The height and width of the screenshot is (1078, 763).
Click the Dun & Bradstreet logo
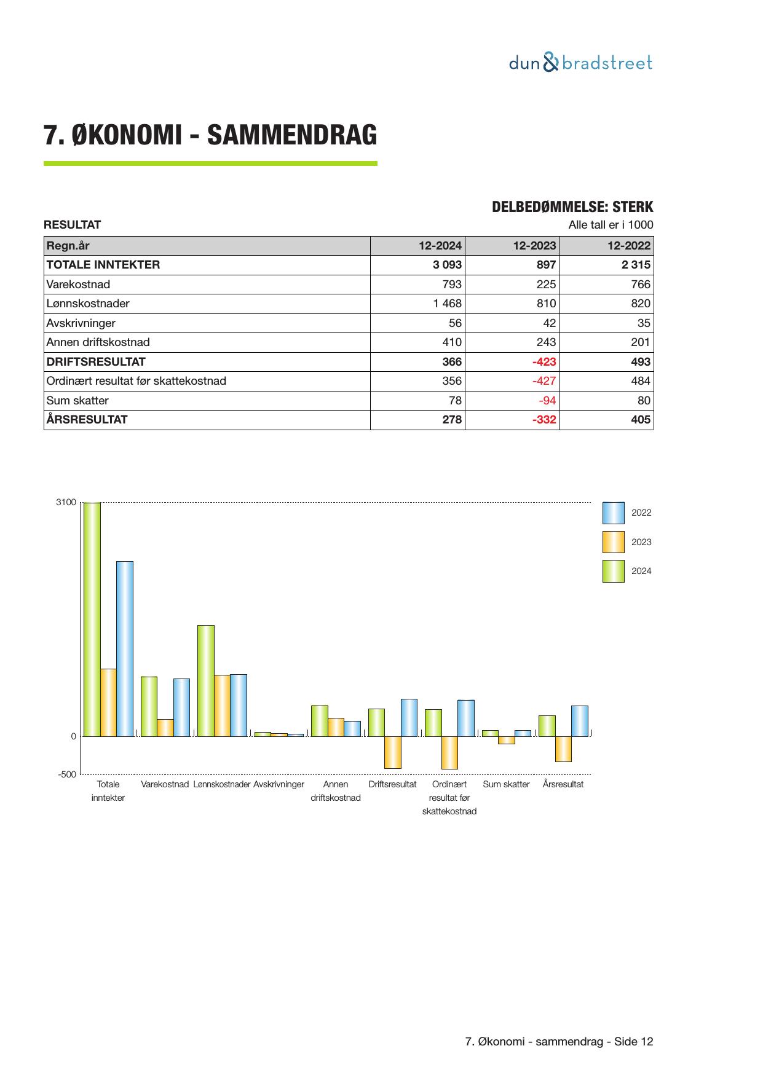pyautogui.click(x=580, y=63)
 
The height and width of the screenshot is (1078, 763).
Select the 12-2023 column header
pyautogui.click(x=534, y=246)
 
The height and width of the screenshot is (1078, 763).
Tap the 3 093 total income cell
pyautogui.click(x=447, y=265)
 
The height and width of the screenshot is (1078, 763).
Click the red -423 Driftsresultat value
pyautogui.click(x=544, y=362)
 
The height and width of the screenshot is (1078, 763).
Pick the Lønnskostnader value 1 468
pyautogui.click(x=447, y=304)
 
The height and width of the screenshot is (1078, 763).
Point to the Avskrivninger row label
pyautogui.click(x=81, y=323)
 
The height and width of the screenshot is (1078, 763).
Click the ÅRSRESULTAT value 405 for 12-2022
pyautogui.click(x=640, y=420)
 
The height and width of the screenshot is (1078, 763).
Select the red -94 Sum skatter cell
pyautogui.click(x=547, y=401)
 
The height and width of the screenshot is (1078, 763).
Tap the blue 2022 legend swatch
pyautogui.click(x=613, y=513)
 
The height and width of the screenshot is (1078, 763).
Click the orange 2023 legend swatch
pyautogui.click(x=613, y=542)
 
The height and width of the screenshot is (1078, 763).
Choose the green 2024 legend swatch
pyautogui.click(x=613, y=571)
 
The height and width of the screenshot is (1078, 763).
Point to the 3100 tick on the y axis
pyautogui.click(x=66, y=503)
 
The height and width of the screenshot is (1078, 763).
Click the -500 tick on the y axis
pyautogui.click(x=67, y=774)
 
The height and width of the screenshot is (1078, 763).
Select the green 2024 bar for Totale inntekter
pyautogui.click(x=92, y=620)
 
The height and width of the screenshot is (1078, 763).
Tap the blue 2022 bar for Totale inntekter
pyautogui.click(x=125, y=648)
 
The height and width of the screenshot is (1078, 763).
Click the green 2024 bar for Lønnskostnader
pyautogui.click(x=206, y=680)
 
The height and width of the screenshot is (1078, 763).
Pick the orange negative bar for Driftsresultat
pyautogui.click(x=393, y=752)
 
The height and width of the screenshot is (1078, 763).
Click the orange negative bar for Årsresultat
pyautogui.click(x=563, y=749)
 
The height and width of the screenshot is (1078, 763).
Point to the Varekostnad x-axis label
pyautogui.click(x=165, y=785)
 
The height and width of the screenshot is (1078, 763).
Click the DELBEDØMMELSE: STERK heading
pyautogui.click(x=572, y=207)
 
